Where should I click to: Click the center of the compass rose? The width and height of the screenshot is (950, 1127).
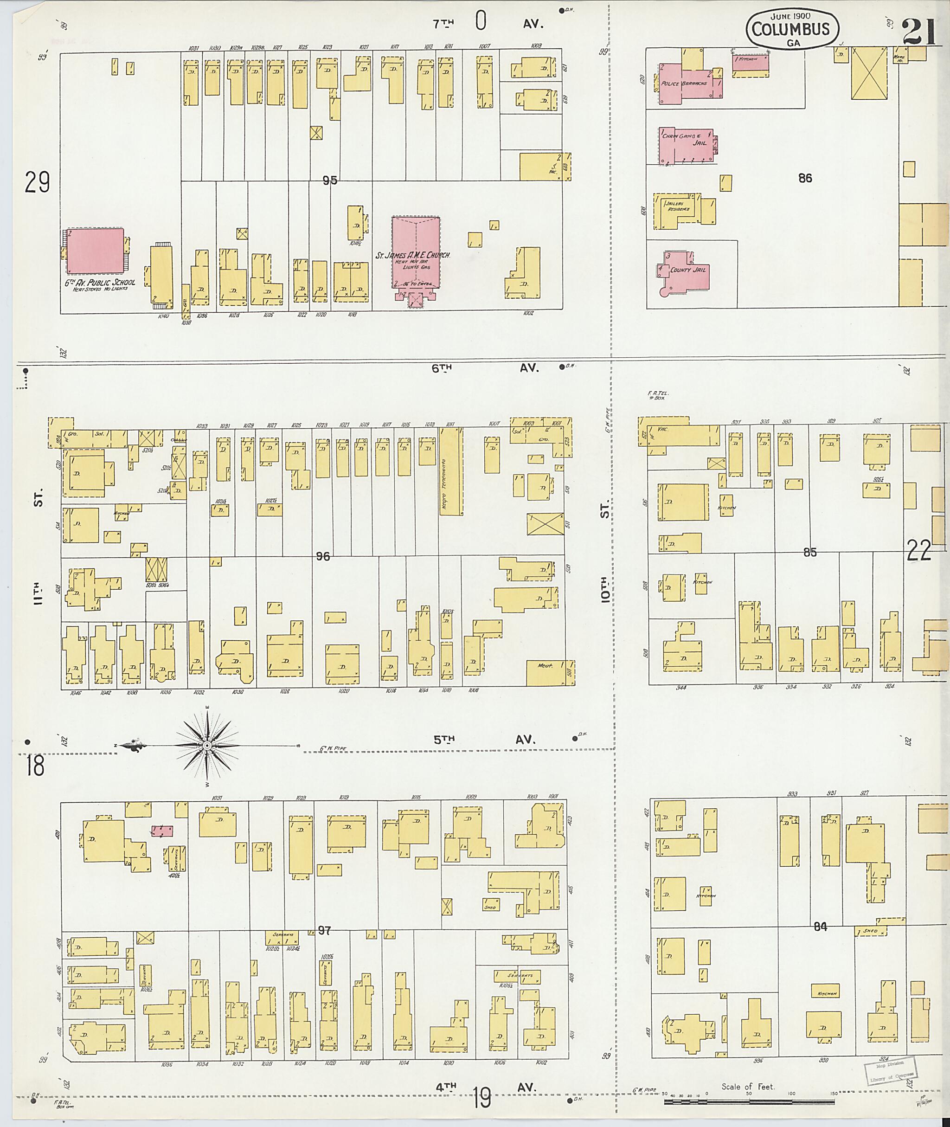[x=207, y=745]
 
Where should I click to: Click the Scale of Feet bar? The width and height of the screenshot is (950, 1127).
[x=749, y=1101]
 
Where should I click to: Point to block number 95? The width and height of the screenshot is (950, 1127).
[x=330, y=181]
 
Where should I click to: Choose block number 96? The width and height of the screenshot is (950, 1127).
[x=322, y=556]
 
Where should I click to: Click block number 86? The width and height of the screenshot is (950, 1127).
[x=805, y=178]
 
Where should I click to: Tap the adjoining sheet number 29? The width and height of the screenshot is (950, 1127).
[x=37, y=182]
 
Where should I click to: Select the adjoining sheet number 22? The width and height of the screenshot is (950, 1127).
[x=919, y=551]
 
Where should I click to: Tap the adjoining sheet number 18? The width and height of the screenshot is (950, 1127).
[x=35, y=766]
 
